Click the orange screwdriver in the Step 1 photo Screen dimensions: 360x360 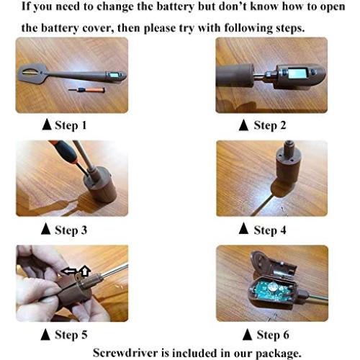[87, 90]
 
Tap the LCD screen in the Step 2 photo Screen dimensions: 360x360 [297, 73]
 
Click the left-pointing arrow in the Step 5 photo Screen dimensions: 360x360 [68, 271]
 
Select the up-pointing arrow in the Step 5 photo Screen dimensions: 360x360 [85, 271]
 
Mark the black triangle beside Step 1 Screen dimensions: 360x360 [47, 125]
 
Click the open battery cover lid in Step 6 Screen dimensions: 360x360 [271, 265]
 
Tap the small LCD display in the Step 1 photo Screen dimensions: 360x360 [113, 75]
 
